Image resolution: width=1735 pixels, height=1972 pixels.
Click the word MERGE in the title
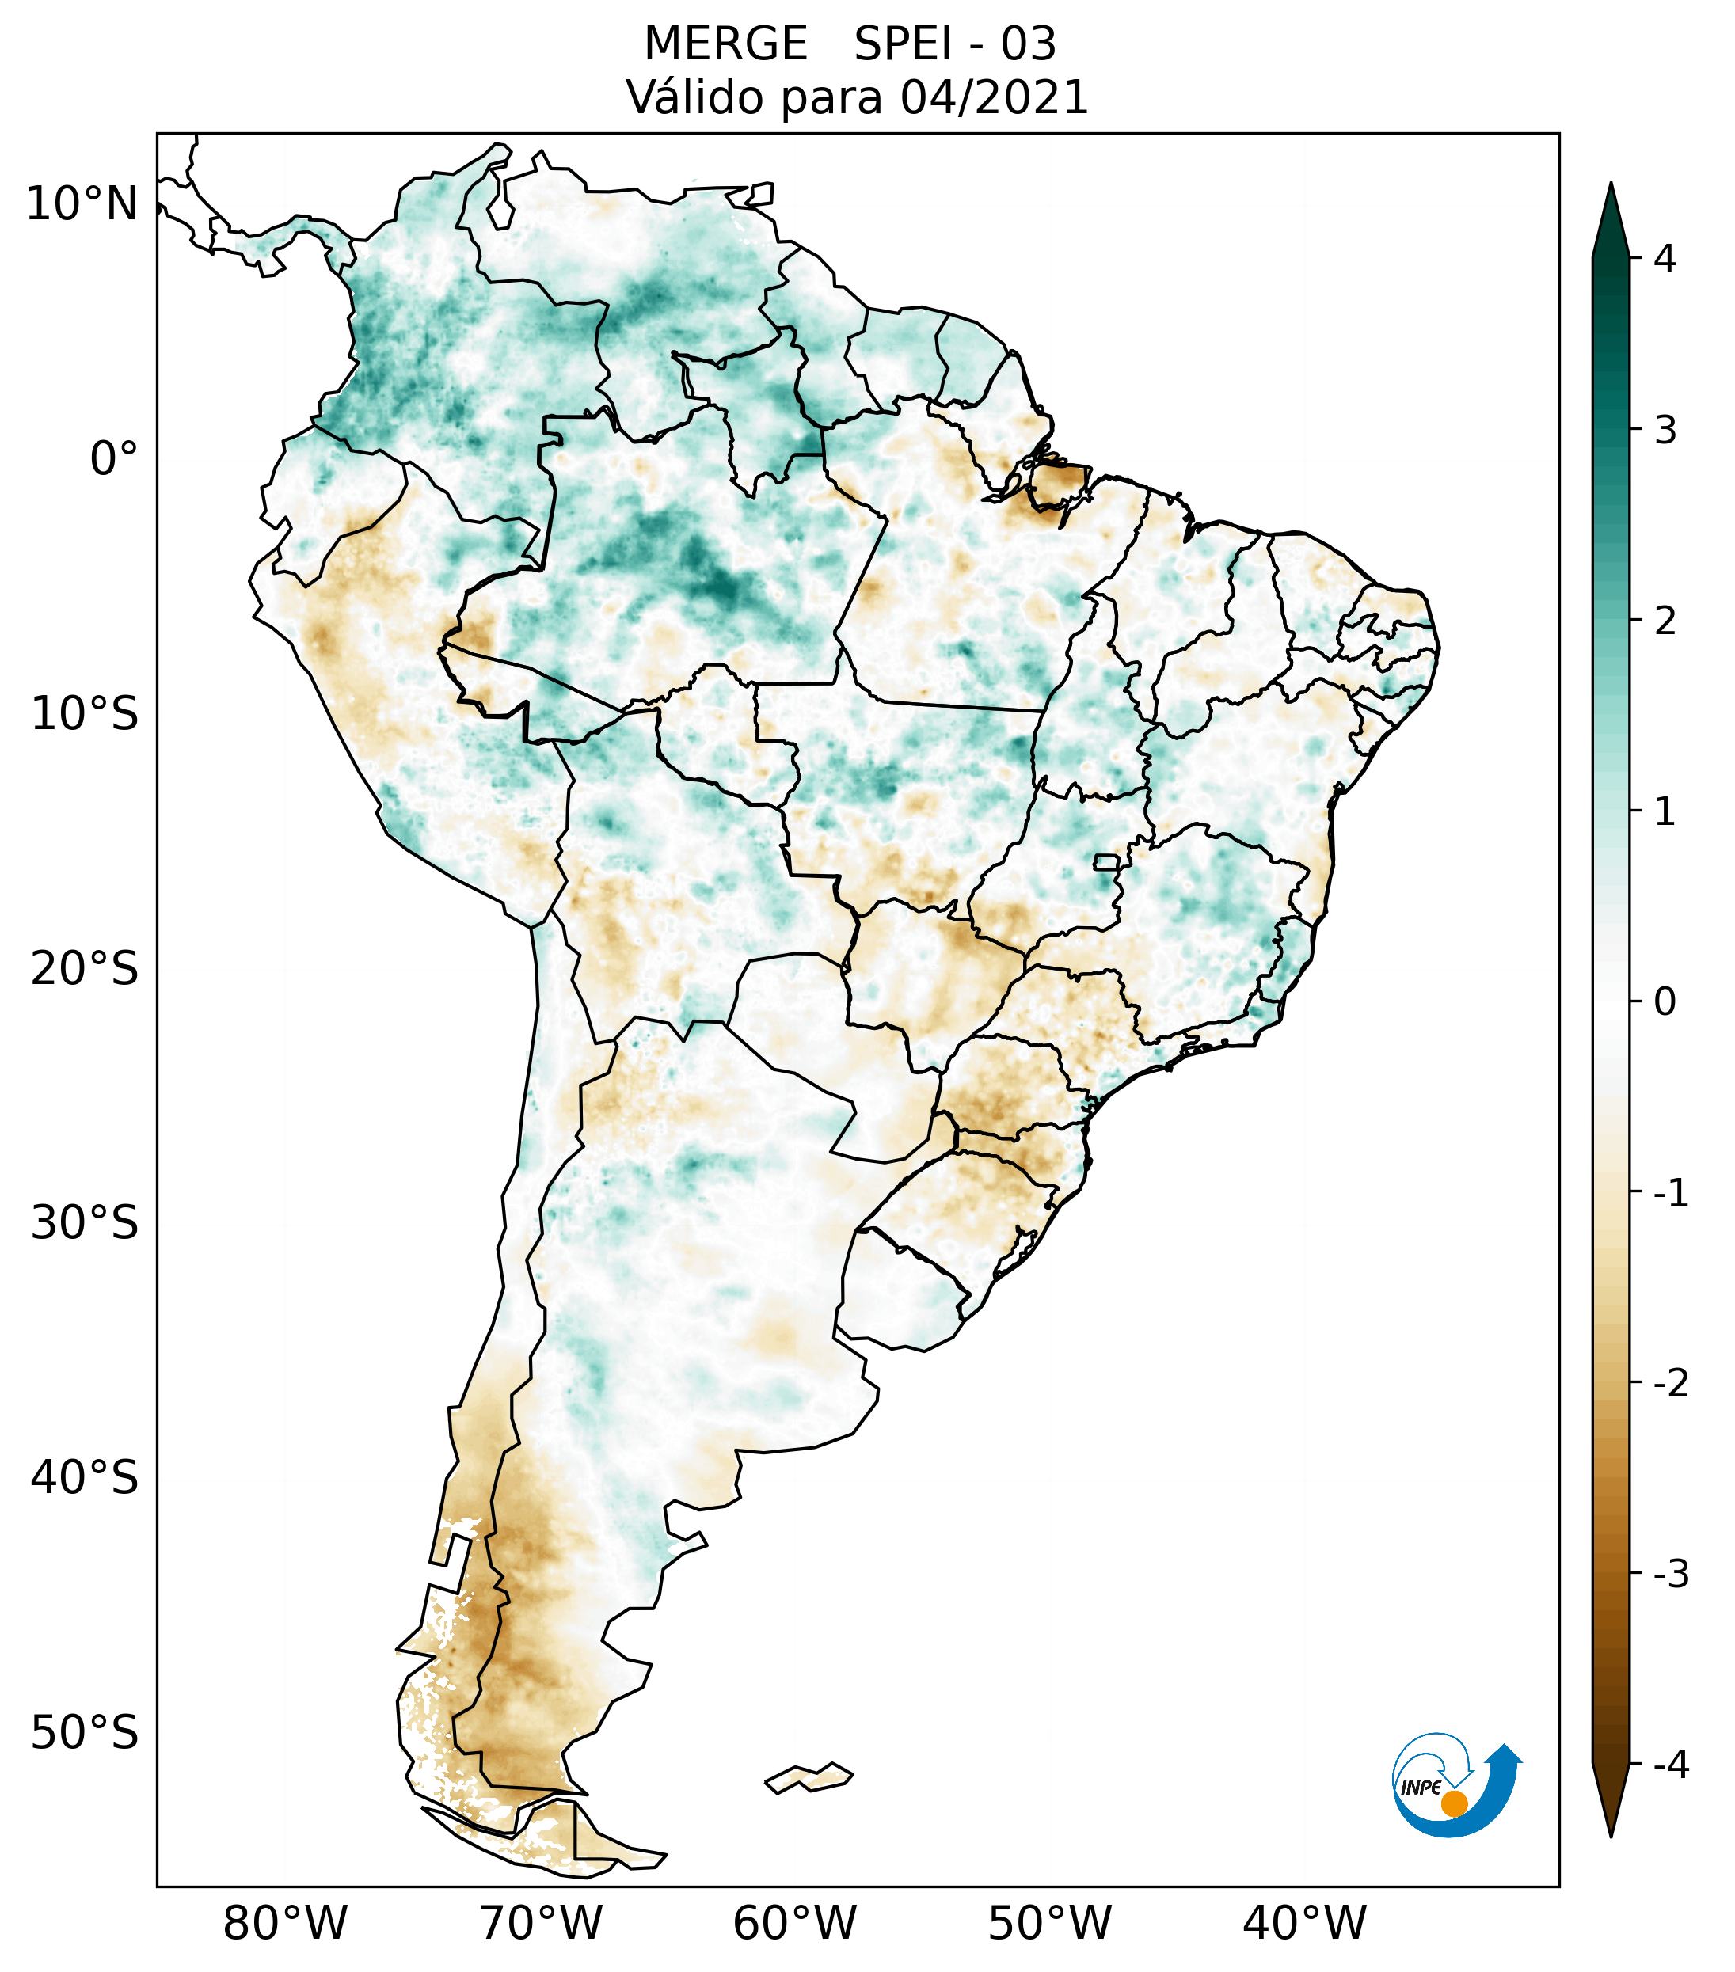[725, 45]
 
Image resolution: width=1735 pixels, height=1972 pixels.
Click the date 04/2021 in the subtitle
[994, 98]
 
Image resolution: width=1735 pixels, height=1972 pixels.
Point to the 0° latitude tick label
[114, 459]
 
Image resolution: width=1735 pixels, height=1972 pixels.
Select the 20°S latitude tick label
[85, 969]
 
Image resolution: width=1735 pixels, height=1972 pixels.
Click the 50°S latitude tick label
[85, 1733]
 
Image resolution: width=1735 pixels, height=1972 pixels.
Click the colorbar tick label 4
[1665, 259]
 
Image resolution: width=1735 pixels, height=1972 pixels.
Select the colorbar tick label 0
[1665, 1002]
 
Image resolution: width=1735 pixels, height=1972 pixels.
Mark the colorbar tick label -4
[1670, 1765]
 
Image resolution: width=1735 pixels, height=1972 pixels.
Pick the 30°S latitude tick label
[85, 1223]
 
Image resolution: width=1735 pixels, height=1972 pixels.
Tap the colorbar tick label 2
[1665, 621]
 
